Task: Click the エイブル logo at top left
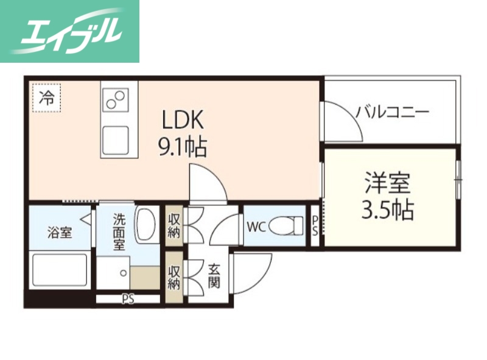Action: tap(69, 31)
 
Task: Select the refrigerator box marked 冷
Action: tap(46, 97)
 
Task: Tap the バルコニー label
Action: tap(393, 112)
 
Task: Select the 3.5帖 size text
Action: tap(388, 210)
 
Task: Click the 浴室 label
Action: tap(60, 231)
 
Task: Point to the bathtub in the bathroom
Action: tap(59, 272)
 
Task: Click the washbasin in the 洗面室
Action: tap(146, 224)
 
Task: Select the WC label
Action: tap(255, 227)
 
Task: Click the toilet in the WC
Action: tap(286, 226)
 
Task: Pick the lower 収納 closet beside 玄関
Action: tap(174, 276)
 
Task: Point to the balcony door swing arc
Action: tap(344, 118)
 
